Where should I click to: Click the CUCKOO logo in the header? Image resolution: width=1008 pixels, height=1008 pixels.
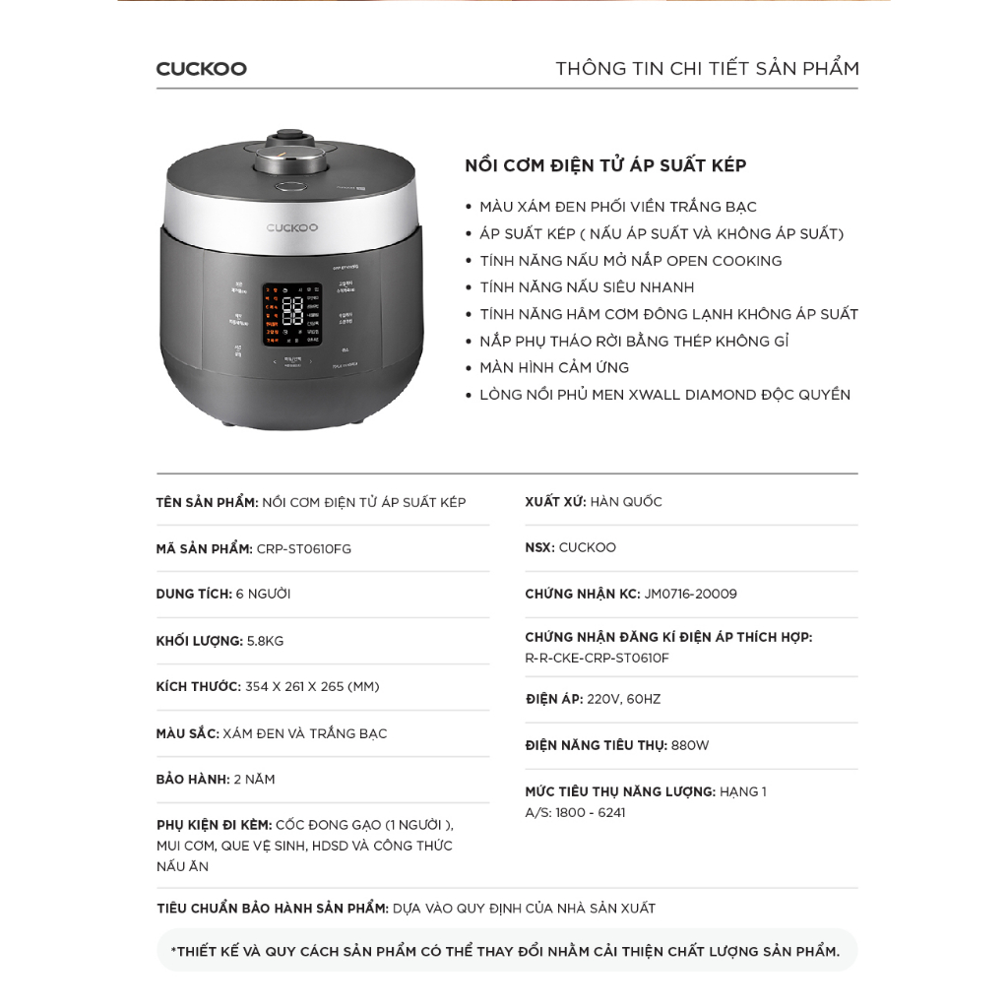click(201, 69)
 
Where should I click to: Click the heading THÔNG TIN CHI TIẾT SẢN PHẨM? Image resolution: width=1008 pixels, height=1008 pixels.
click(707, 69)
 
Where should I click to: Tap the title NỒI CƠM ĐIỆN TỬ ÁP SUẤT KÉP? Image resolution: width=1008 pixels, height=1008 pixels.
click(605, 165)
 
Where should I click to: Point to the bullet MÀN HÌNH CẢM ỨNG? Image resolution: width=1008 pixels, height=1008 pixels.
click(554, 367)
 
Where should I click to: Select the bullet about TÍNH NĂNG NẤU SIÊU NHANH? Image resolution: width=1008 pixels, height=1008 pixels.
click(587, 287)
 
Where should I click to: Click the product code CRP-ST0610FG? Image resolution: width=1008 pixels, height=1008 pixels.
click(303, 549)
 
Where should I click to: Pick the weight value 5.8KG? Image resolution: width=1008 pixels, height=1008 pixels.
click(265, 641)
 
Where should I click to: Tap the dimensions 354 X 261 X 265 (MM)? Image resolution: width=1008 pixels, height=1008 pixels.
click(312, 686)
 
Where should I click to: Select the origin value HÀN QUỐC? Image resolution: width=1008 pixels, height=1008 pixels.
click(626, 502)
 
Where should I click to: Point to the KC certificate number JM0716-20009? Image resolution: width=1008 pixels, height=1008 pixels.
click(690, 594)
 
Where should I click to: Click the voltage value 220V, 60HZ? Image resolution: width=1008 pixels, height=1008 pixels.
click(624, 699)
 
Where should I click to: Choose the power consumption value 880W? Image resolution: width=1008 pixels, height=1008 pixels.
click(690, 745)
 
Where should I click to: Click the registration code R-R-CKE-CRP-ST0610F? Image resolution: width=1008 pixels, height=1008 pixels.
click(597, 659)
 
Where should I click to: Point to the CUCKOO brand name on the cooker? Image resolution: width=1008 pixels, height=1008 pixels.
click(292, 227)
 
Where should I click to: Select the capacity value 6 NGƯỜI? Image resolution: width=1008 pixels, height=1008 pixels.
click(263, 595)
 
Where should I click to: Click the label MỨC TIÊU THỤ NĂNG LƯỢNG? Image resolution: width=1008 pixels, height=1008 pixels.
click(620, 791)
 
